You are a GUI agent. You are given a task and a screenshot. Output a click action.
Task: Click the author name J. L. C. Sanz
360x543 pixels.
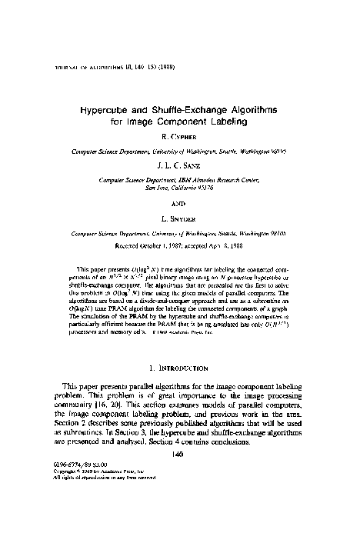pos(180,163)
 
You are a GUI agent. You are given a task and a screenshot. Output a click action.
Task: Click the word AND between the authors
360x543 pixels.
pos(180,204)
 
